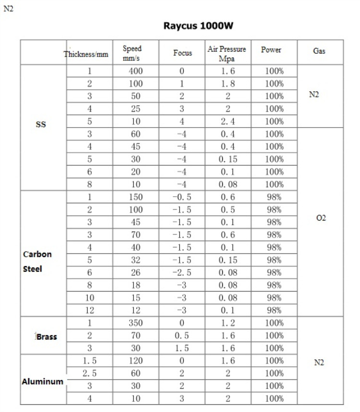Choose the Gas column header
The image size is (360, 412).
319,50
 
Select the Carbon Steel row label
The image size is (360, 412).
37,261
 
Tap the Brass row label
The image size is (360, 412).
47,337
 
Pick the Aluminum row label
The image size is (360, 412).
42,382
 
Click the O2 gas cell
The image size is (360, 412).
321,218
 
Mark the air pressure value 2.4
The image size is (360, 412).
228,121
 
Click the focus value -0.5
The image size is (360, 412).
181,197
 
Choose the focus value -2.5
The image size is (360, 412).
181,272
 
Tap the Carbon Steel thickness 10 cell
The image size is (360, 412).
89,298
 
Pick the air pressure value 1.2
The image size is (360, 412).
228,323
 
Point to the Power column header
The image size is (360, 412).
271,50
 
